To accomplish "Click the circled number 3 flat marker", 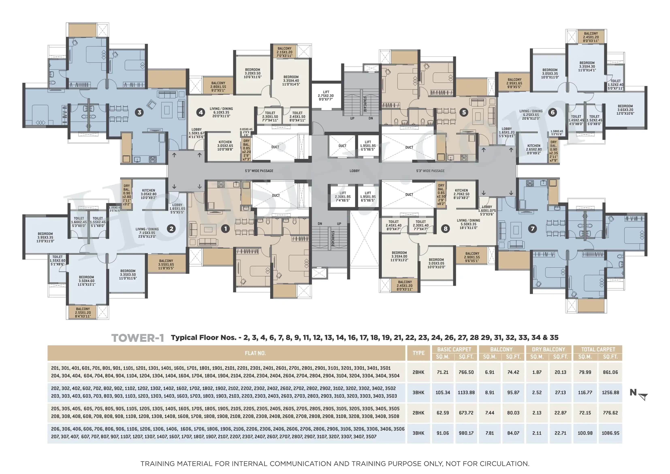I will pyautogui.click(x=139, y=112).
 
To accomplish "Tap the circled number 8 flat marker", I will pyautogui.click(x=445, y=229).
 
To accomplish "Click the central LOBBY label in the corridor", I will pyautogui.click(x=355, y=171).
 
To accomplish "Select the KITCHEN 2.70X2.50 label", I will pyautogui.click(x=461, y=194).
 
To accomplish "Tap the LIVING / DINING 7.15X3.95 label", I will pyautogui.click(x=147, y=233).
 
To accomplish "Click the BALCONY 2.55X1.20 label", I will pyautogui.click(x=83, y=312).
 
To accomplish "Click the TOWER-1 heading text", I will pyautogui.click(x=138, y=338).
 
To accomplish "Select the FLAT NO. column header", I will pyautogui.click(x=255, y=353).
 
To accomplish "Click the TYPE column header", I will pyautogui.click(x=418, y=353).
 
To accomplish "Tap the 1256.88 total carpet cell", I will pyautogui.click(x=610, y=393).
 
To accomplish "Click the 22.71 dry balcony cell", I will pyautogui.click(x=560, y=433).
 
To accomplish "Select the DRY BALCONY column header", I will pyautogui.click(x=548, y=349).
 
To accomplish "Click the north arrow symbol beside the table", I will pyautogui.click(x=643, y=396).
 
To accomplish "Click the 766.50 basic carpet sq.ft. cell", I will pyautogui.click(x=466, y=372).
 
